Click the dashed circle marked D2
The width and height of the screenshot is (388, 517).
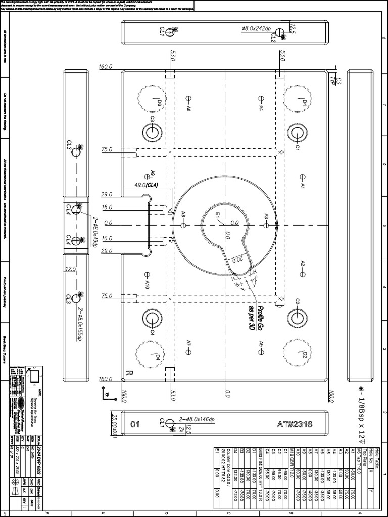296,351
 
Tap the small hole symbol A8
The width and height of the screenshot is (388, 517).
184,223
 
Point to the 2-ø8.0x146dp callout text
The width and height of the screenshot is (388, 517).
201,419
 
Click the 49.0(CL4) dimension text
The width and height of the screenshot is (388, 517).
146,185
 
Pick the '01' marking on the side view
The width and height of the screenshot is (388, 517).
135,424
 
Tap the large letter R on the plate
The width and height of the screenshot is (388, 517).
129,374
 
